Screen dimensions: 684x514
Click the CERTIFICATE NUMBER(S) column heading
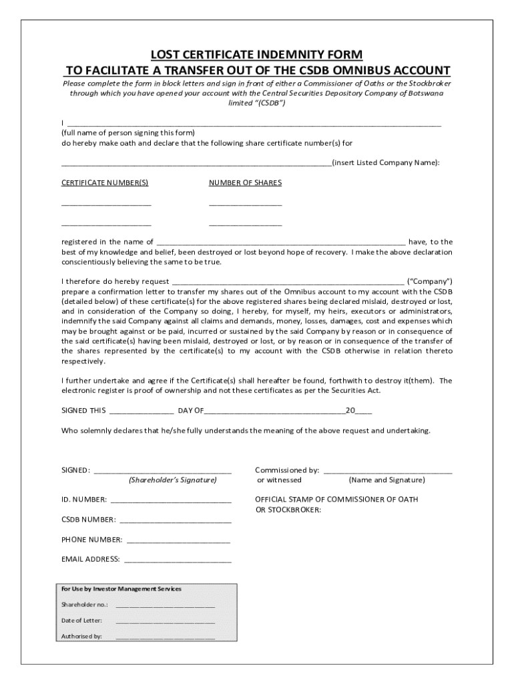click(105, 183)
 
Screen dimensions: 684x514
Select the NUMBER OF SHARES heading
click(245, 183)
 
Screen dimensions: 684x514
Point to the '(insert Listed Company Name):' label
click(386, 163)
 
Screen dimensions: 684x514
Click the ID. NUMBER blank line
click(171, 500)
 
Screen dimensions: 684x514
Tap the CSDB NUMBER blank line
click(176, 520)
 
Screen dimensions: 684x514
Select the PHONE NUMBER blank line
click(178, 540)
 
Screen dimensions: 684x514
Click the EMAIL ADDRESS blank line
click(178, 560)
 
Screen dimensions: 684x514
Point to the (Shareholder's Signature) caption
click(173, 480)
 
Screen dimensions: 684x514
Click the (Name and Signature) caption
click(387, 480)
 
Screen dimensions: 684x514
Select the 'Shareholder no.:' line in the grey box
click(165, 605)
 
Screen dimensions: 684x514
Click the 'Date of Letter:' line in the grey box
click(165, 621)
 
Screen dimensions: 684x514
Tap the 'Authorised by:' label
click(81, 637)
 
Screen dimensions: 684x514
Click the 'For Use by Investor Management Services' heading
click(121, 589)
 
